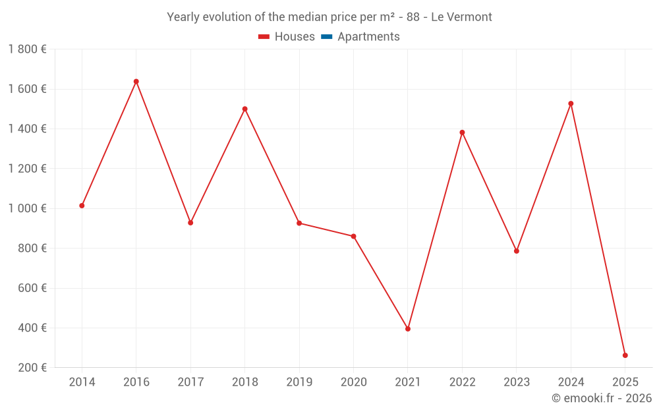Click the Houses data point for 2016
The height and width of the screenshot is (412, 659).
136,82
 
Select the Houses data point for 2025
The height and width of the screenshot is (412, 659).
625,355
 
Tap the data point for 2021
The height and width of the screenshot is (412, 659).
408,328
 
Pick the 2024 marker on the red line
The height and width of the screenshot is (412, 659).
571,103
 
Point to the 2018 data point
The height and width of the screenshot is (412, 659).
245,109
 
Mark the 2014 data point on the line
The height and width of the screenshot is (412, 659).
82,206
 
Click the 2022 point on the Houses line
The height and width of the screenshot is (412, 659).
462,132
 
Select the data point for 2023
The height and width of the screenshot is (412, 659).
517,251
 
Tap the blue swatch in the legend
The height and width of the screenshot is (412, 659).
326,37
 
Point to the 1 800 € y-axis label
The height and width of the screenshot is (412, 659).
27,49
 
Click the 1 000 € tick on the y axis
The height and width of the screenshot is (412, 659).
27,208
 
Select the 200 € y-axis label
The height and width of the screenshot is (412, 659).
32,368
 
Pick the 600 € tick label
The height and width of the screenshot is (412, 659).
32,288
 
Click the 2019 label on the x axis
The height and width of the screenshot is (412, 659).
299,382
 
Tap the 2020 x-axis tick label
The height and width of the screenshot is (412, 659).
353,382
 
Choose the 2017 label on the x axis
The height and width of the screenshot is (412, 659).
190,382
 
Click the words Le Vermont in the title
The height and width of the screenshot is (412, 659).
461,17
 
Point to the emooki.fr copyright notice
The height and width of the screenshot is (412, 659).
602,398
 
